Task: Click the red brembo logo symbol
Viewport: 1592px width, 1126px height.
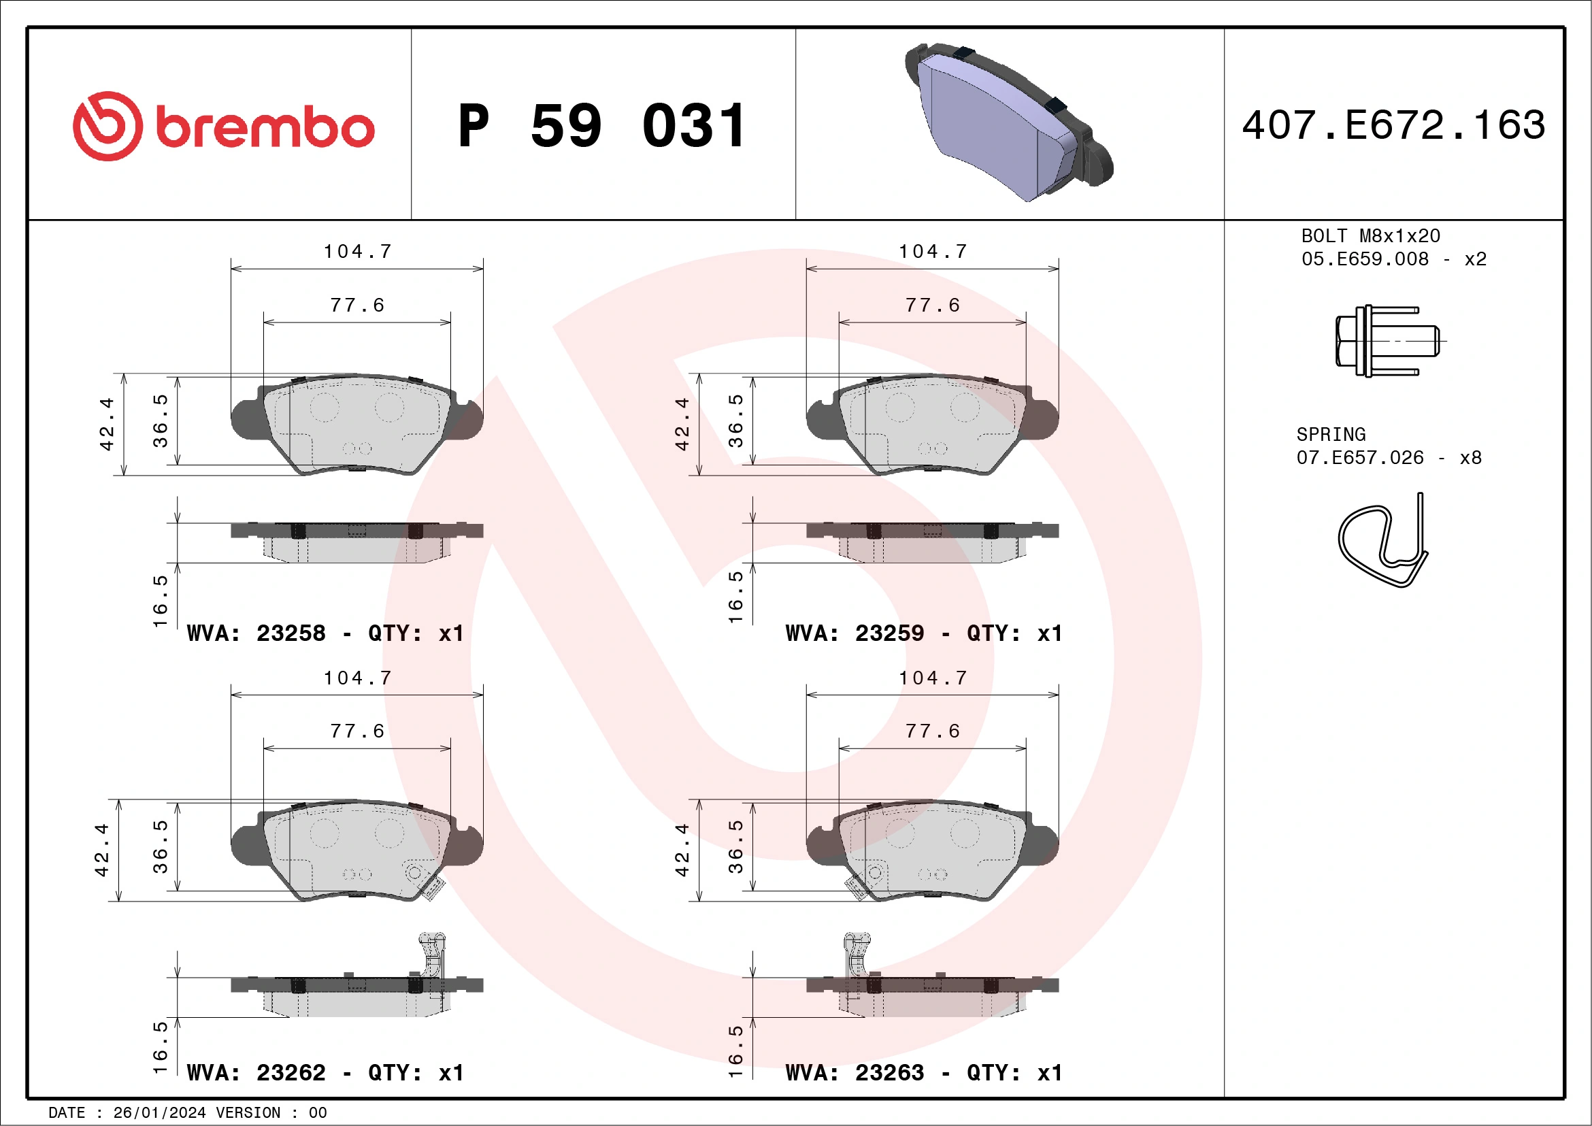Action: pyautogui.click(x=107, y=126)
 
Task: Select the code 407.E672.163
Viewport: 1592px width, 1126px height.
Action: pyautogui.click(x=1394, y=125)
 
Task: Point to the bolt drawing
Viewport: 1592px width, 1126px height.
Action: pyautogui.click(x=1386, y=341)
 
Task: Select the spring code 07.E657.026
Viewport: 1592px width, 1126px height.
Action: pyautogui.click(x=1360, y=458)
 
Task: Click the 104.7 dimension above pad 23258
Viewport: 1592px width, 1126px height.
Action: pyautogui.click(x=358, y=252)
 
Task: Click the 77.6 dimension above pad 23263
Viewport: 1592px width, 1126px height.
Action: pyautogui.click(x=933, y=731)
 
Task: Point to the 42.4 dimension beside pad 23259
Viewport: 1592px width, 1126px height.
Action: pyautogui.click(x=682, y=425)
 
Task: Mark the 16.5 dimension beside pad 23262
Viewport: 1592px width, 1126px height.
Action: pyautogui.click(x=160, y=1047)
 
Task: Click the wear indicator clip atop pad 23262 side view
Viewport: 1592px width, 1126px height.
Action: pyautogui.click(x=431, y=953)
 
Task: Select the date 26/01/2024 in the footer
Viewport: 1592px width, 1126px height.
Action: pyautogui.click(x=159, y=1113)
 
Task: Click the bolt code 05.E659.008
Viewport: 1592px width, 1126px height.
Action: pyautogui.click(x=1365, y=259)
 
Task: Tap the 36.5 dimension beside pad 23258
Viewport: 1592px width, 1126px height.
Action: pyautogui.click(x=160, y=421)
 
